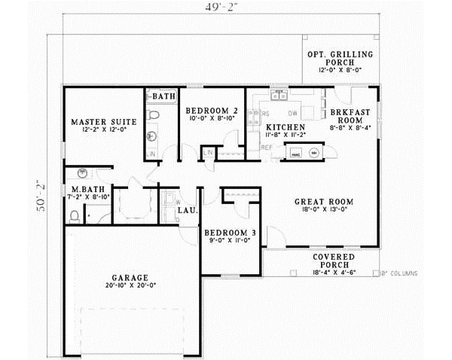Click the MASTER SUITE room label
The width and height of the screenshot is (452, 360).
click(103, 121)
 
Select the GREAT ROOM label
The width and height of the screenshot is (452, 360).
click(324, 201)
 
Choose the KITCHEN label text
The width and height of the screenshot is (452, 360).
click(286, 127)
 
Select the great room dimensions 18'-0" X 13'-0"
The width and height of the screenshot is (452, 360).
click(325, 211)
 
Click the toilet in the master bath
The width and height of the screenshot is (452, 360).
click(75, 216)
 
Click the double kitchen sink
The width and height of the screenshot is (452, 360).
click(278, 95)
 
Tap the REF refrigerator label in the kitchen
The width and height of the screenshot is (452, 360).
click(266, 148)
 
